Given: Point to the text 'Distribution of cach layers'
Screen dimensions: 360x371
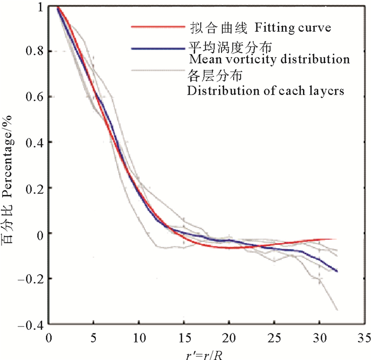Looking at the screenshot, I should [x=266, y=91].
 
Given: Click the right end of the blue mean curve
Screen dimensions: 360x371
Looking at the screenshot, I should [x=337, y=271].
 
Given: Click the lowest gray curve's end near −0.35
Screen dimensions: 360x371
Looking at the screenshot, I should [x=337, y=310].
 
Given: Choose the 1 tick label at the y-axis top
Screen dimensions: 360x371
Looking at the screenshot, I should [x=40, y=6].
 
